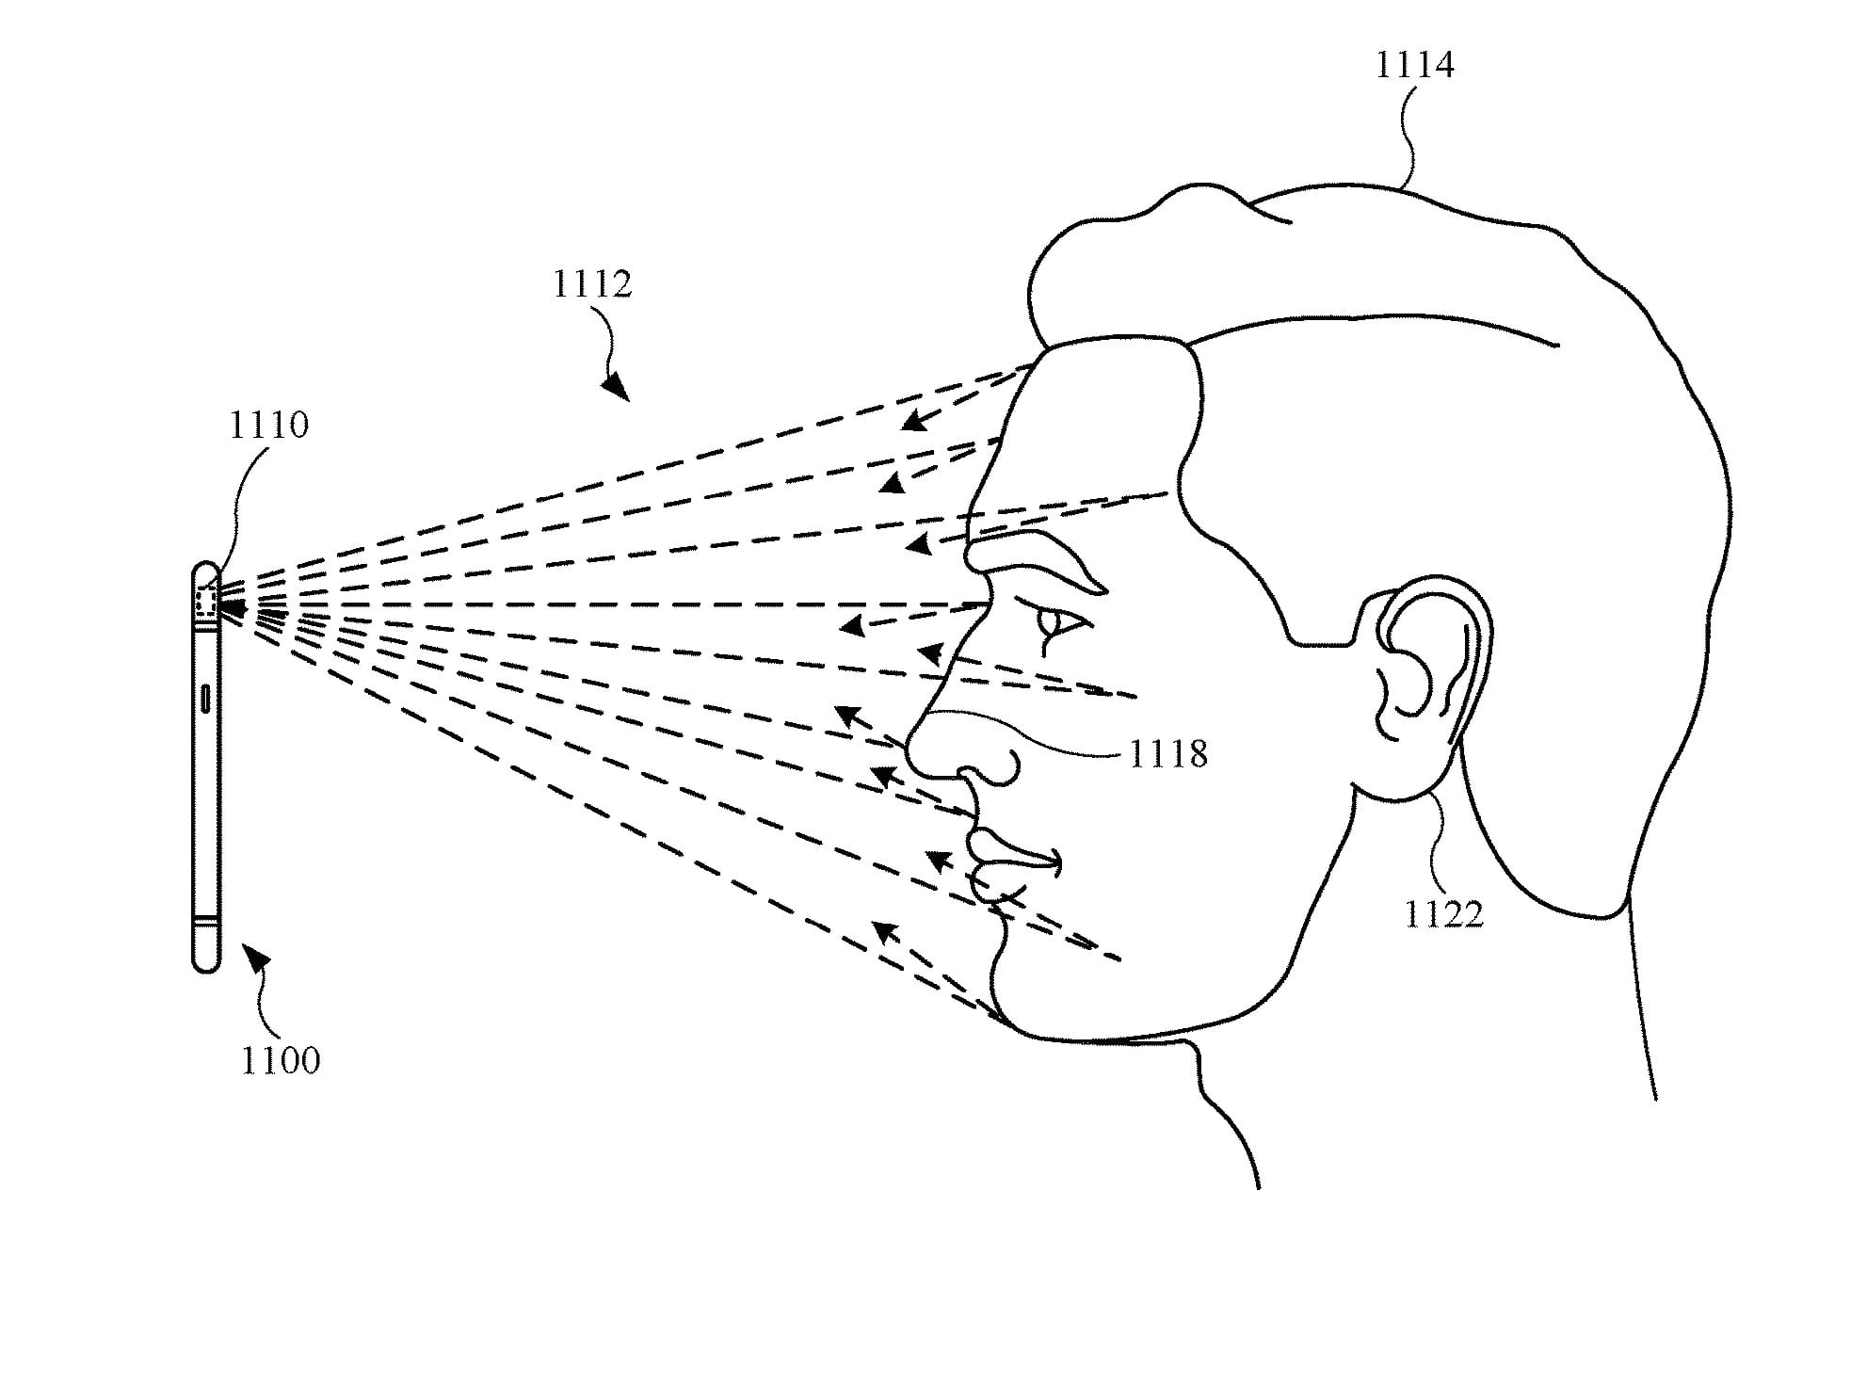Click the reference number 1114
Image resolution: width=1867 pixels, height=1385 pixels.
1414,65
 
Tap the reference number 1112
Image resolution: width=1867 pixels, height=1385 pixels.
592,283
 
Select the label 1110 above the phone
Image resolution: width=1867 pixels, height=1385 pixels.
268,426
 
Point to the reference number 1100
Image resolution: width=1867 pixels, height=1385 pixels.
281,1061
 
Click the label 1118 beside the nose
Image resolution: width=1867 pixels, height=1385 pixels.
1167,754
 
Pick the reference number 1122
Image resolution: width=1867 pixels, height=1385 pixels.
1443,914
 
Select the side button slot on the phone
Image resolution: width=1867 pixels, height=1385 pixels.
206,699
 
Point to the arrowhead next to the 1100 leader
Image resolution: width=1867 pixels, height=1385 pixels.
255,961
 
